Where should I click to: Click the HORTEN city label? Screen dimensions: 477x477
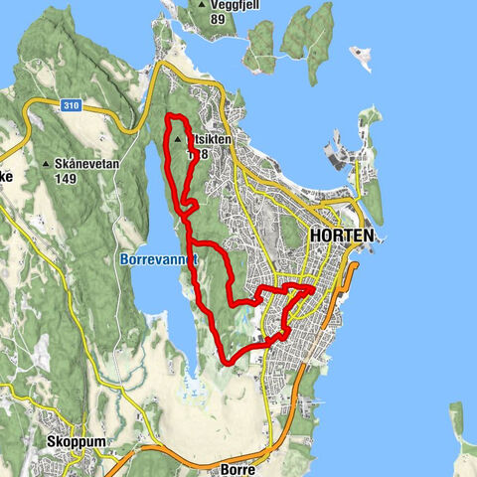click(342, 237)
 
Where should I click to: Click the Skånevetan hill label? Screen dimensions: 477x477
click(82, 164)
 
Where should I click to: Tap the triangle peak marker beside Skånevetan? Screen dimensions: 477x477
click(45, 164)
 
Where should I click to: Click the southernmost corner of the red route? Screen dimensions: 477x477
click(230, 364)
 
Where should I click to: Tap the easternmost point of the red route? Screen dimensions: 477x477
click(314, 288)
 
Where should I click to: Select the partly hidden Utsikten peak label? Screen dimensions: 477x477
click(210, 140)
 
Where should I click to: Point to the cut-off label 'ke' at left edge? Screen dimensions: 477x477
click(5, 175)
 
